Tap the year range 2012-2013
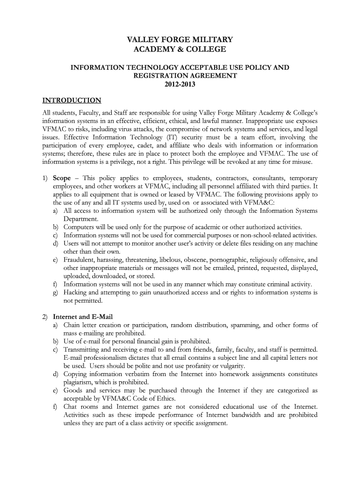pos(180,85)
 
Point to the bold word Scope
pos(62,178)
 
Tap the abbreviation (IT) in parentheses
pos(173,137)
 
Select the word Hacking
pos(75,292)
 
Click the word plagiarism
pos(78,382)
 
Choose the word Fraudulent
pos(79,260)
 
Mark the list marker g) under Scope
pos(55,292)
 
